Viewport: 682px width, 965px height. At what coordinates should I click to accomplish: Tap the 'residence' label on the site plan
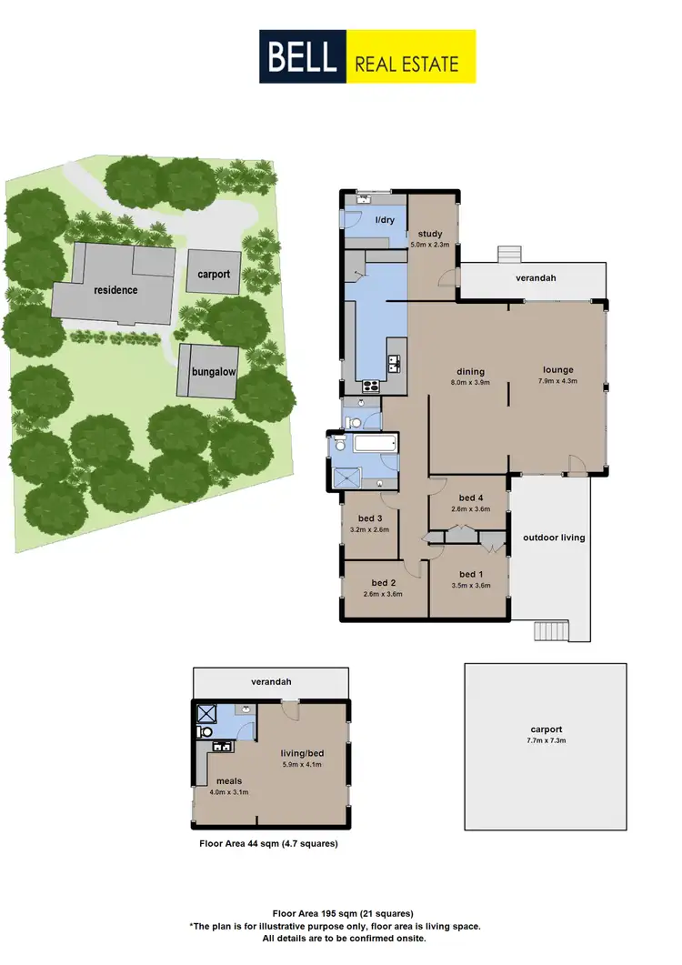tap(115, 290)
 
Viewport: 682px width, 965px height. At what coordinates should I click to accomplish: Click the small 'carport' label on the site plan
tap(215, 274)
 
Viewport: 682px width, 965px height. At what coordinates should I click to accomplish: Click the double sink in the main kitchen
tap(394, 365)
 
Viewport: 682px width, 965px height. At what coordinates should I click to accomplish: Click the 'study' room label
tap(430, 234)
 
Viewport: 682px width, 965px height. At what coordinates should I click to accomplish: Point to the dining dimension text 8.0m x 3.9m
tap(470, 382)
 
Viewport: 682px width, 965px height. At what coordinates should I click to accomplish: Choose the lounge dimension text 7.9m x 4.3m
tap(558, 381)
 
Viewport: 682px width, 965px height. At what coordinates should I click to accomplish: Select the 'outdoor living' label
tap(554, 538)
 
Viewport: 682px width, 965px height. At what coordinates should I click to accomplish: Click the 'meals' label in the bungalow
tap(227, 780)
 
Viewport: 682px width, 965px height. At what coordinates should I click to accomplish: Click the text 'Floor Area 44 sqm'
tap(240, 843)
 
